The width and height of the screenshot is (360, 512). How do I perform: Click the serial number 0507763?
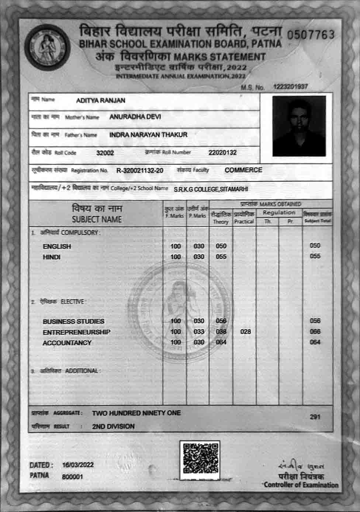click(310, 35)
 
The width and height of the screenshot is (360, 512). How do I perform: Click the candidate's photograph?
click(299, 126)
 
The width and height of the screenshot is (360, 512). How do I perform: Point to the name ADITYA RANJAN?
click(100, 100)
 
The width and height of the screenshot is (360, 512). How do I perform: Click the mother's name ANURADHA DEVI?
click(135, 117)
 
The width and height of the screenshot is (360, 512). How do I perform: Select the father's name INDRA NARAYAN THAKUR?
click(148, 135)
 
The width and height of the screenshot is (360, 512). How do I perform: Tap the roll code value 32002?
click(105, 153)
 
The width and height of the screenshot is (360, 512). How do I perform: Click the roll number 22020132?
click(222, 152)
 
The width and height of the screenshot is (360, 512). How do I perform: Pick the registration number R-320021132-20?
click(140, 170)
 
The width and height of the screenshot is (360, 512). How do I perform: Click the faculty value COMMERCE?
click(243, 170)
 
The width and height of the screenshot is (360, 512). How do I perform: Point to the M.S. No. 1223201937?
click(290, 87)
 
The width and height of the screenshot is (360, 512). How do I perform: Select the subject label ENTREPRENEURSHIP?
click(76, 332)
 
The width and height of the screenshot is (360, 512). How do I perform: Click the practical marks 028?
click(245, 332)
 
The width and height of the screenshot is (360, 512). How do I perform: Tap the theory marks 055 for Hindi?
click(221, 256)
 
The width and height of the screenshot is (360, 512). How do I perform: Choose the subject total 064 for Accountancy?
click(315, 342)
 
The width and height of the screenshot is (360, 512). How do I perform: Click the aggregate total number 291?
click(315, 417)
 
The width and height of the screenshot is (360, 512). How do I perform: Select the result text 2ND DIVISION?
click(113, 426)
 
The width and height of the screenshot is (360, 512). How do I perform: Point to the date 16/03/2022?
click(78, 465)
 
